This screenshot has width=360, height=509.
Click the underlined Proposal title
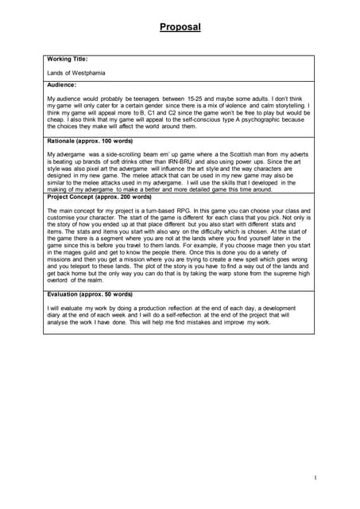coord(180,27)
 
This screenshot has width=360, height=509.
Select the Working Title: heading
coord(67,59)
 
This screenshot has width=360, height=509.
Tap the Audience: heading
coord(62,84)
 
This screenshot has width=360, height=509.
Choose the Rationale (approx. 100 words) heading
coord(88,140)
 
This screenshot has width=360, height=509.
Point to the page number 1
coord(315,477)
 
